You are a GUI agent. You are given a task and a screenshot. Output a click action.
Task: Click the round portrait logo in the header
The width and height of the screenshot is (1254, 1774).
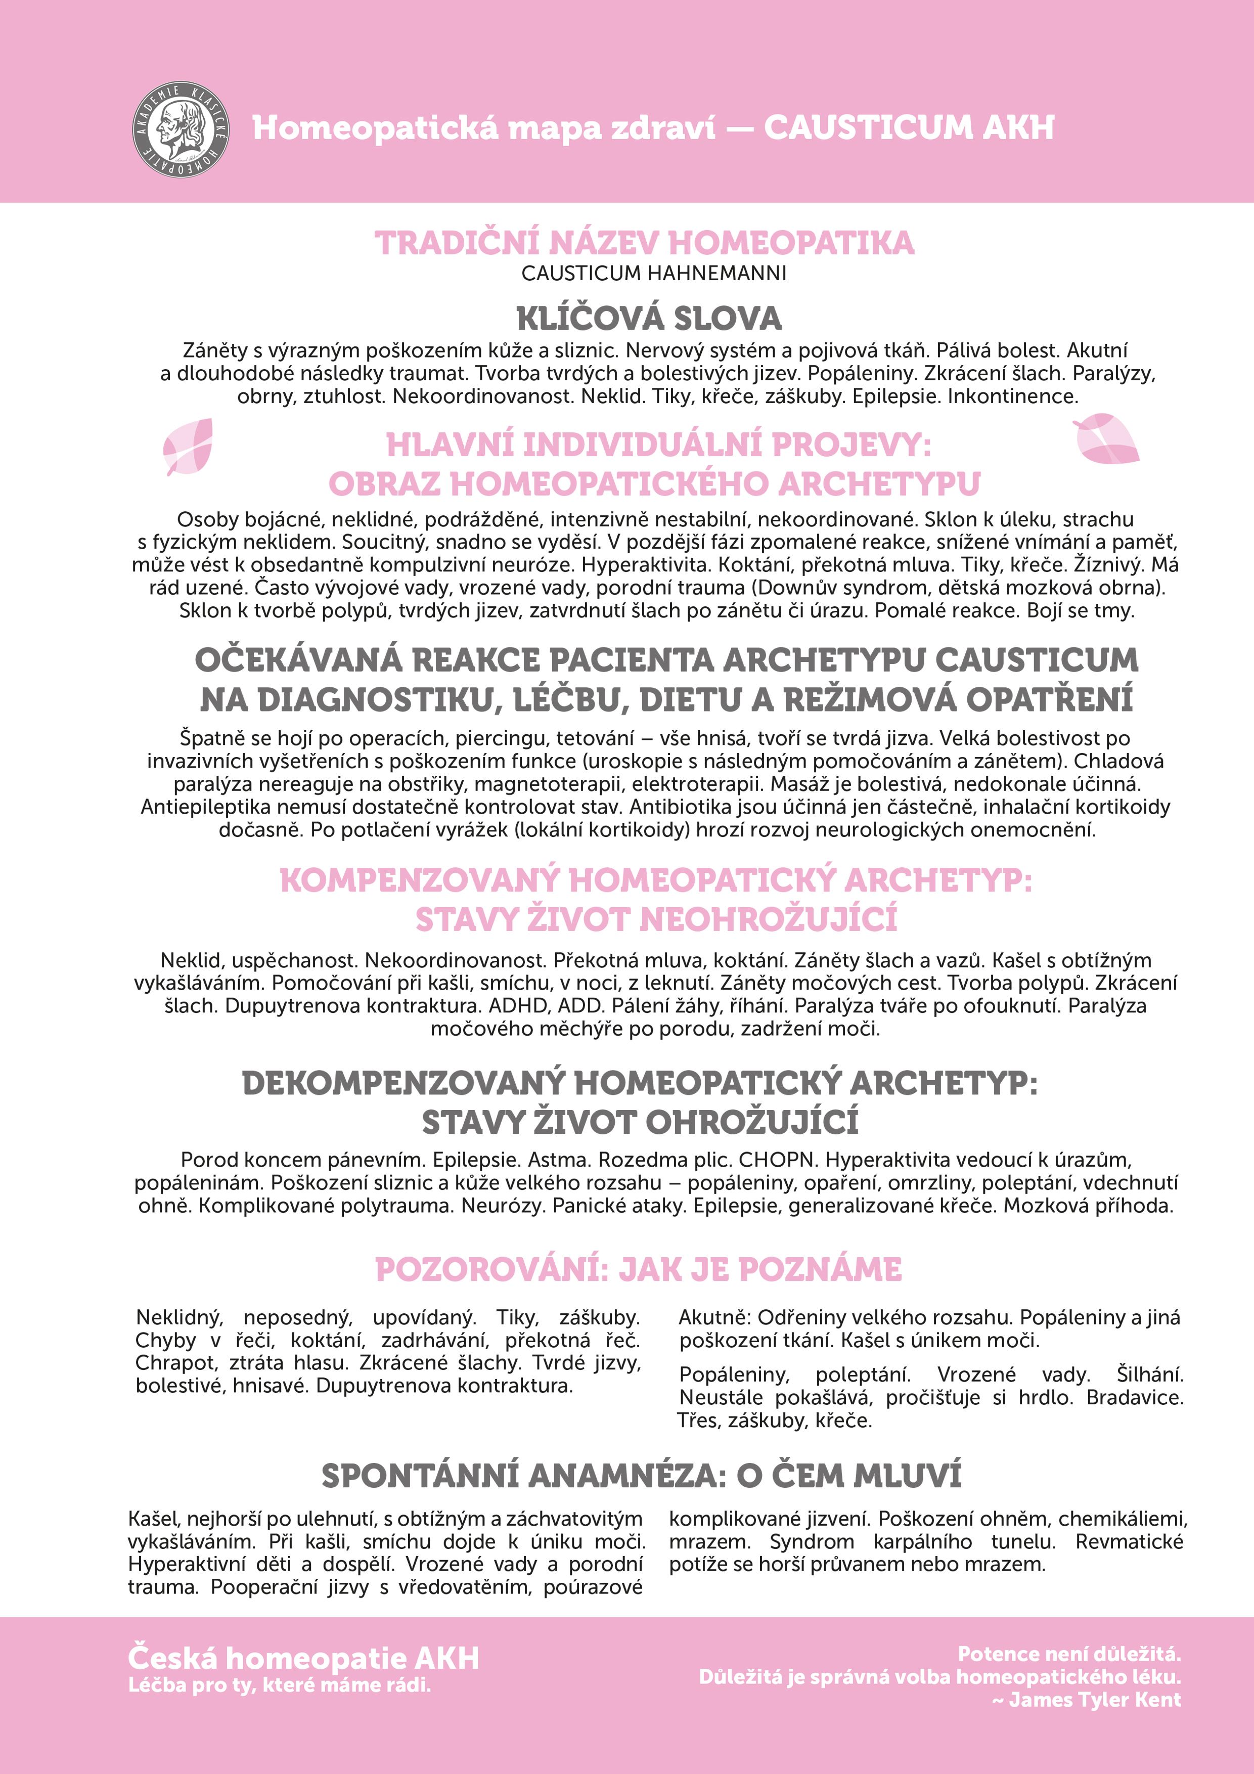[180, 128]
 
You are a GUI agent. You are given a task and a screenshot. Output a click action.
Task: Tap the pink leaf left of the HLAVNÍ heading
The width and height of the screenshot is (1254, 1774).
[189, 446]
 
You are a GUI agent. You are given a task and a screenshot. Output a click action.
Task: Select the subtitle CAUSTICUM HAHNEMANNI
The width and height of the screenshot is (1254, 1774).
[654, 274]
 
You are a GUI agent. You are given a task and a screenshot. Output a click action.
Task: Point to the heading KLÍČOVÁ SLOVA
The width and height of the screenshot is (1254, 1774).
[649, 318]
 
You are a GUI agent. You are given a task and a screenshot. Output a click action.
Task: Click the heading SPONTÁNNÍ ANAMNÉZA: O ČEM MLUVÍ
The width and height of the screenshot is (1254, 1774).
[641, 1476]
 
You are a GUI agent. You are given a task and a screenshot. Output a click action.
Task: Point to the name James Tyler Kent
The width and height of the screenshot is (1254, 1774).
[1095, 1700]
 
